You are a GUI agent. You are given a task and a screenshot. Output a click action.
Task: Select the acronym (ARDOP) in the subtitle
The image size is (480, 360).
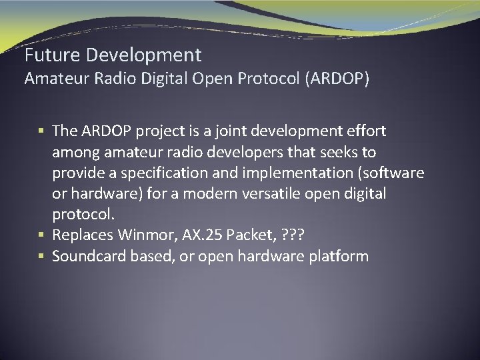(337, 79)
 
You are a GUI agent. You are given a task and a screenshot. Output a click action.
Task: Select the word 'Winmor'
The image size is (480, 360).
(143, 235)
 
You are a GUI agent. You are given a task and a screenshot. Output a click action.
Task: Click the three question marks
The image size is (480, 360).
(295, 235)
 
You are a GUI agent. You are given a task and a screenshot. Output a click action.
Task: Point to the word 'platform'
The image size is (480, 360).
(339, 256)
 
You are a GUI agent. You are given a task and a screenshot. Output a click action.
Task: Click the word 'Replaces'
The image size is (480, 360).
(82, 235)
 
